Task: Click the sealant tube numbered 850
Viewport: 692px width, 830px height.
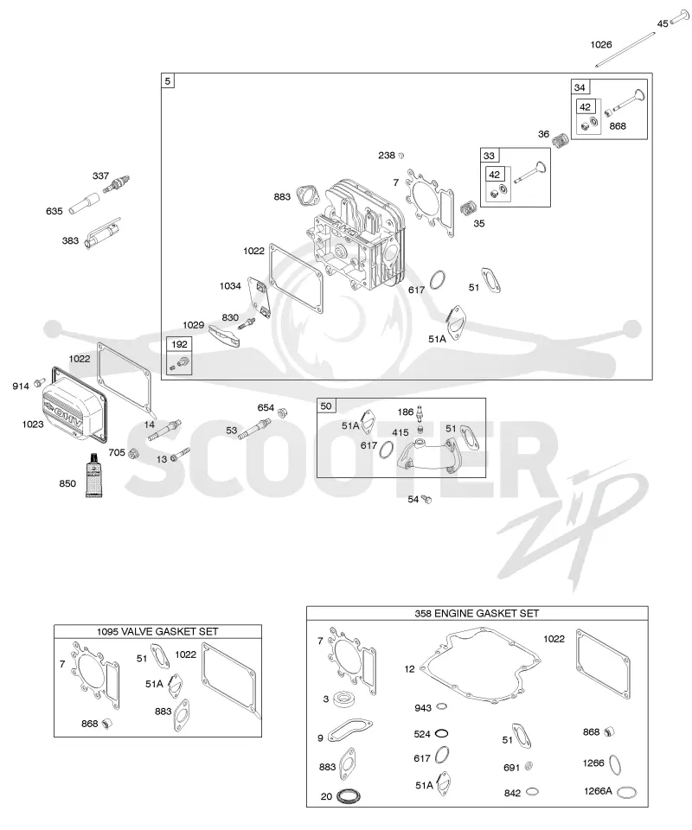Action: tap(93, 476)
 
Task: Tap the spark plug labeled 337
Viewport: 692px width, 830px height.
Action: tap(118, 184)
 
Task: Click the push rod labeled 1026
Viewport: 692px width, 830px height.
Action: tap(625, 50)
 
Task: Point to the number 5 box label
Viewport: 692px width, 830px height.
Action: tap(168, 81)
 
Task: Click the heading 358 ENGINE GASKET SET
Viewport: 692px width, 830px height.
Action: tap(477, 613)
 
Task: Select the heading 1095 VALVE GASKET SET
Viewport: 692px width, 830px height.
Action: tap(157, 631)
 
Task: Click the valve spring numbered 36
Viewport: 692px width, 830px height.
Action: tap(561, 140)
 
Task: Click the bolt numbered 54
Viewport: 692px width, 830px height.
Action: tap(426, 499)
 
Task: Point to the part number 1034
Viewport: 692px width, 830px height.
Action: tap(230, 286)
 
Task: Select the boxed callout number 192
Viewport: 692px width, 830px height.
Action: tap(179, 344)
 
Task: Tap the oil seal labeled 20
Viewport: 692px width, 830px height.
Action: tap(349, 795)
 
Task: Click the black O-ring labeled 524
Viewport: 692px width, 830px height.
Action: tap(441, 733)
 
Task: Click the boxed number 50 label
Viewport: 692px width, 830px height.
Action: tap(325, 406)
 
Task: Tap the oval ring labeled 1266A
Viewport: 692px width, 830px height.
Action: tap(627, 792)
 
